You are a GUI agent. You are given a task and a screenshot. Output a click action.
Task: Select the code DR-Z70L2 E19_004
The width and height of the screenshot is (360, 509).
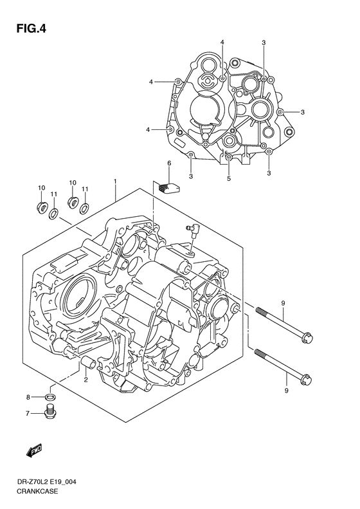[54, 481]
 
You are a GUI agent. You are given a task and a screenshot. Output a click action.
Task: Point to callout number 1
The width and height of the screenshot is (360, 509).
[115, 182]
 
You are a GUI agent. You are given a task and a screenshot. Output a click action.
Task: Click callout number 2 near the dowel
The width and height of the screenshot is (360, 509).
[85, 380]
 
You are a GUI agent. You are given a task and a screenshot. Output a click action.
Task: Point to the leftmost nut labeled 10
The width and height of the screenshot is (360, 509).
[41, 207]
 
